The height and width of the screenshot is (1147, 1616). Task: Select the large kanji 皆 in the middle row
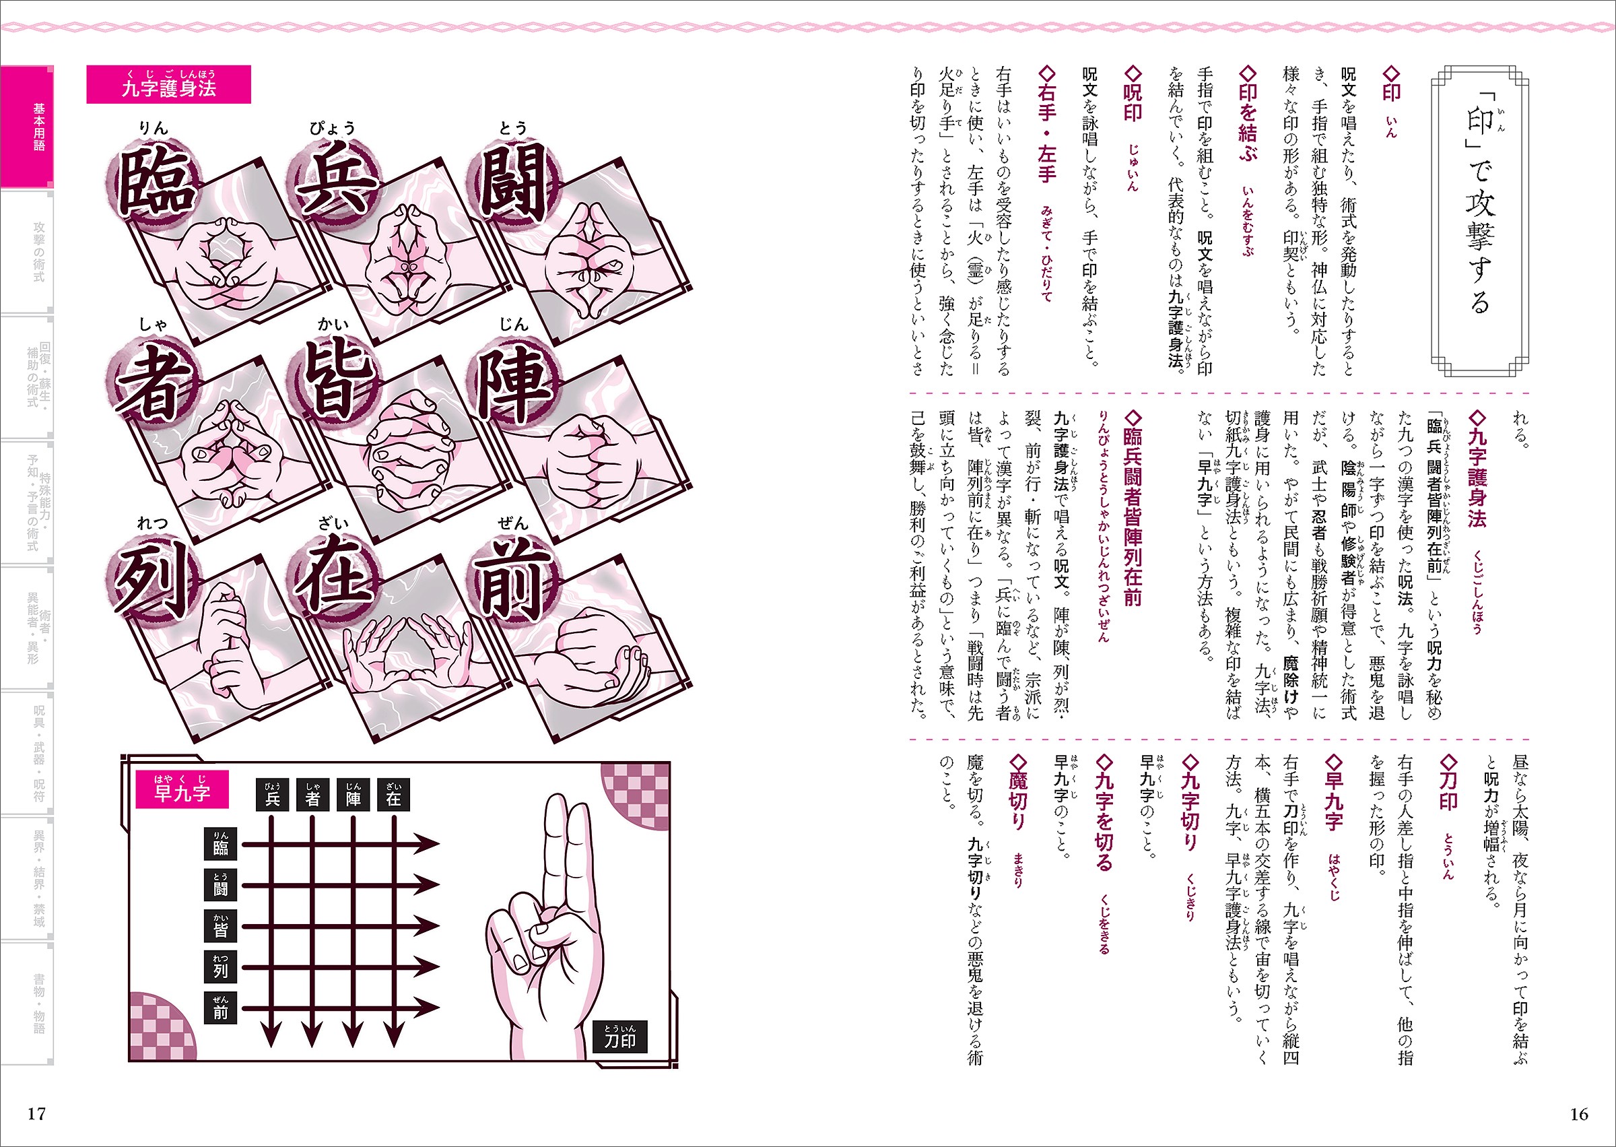point(334,381)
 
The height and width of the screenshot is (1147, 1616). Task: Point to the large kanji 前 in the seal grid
point(513,581)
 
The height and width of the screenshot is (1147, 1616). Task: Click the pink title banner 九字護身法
point(169,84)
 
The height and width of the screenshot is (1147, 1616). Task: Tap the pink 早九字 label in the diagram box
point(182,789)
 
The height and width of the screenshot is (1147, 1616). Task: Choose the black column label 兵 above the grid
point(273,795)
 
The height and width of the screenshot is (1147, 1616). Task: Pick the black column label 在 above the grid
point(394,795)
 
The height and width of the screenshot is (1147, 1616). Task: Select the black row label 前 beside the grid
point(220,1008)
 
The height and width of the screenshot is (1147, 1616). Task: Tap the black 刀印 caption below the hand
point(620,1037)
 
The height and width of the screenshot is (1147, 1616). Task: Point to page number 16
point(1578,1114)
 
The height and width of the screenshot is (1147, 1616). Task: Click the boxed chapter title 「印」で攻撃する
point(1479,222)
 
